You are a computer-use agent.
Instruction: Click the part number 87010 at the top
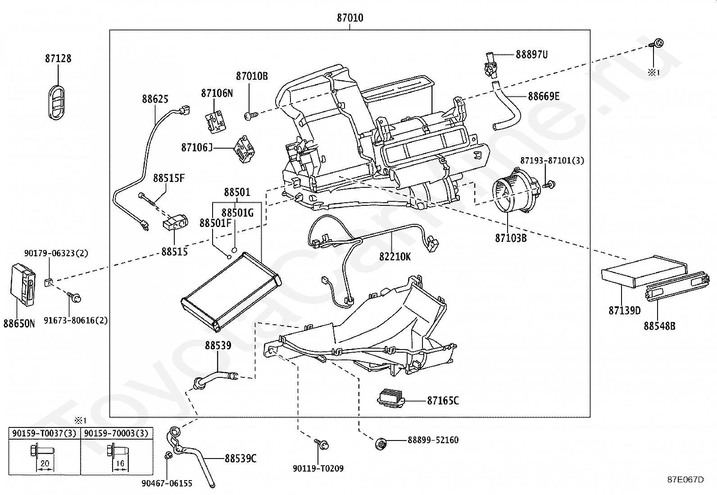tap(350, 18)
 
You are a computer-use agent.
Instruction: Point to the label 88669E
tap(544, 96)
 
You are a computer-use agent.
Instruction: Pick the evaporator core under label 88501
tap(231, 291)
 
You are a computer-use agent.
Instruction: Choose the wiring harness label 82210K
tap(395, 256)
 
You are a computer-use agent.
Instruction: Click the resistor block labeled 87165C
tap(391, 398)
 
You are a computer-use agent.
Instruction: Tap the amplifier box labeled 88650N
tap(23, 284)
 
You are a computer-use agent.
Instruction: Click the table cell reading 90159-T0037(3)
tap(44, 433)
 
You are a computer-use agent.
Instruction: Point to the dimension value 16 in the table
tap(120, 463)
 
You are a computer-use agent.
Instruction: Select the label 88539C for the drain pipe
tap(241, 459)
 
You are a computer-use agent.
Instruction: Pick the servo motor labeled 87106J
tap(245, 149)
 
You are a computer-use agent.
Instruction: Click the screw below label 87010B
tap(250, 116)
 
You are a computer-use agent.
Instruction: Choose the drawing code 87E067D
tap(685, 479)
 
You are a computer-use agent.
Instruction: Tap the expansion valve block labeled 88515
tap(175, 223)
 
